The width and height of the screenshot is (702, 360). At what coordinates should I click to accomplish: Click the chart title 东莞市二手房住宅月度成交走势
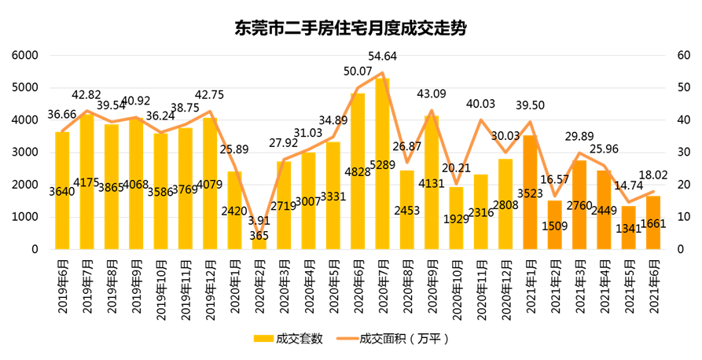point(351,28)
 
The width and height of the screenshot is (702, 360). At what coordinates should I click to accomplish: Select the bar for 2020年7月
point(382,163)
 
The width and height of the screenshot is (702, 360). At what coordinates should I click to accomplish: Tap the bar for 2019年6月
point(62,191)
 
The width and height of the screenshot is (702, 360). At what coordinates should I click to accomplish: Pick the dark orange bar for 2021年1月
point(530,193)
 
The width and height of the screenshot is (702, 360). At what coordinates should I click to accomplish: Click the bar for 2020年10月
point(456,218)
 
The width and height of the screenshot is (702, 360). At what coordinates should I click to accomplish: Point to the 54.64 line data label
point(382,57)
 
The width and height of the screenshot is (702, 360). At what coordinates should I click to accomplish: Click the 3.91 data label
point(259,221)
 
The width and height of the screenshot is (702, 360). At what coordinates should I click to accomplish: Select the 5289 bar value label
point(382,165)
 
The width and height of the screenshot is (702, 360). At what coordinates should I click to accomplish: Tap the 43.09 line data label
point(432,95)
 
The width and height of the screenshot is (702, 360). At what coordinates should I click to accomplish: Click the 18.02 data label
point(653,175)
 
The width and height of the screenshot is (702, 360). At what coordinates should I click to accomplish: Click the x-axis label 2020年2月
point(259,286)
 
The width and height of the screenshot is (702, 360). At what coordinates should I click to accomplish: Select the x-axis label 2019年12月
point(211,289)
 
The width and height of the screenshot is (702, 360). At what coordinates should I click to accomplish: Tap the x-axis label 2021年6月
point(653,286)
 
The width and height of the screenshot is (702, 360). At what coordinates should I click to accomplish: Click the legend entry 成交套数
point(289,339)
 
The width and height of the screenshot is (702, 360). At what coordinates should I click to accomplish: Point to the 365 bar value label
point(259,236)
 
